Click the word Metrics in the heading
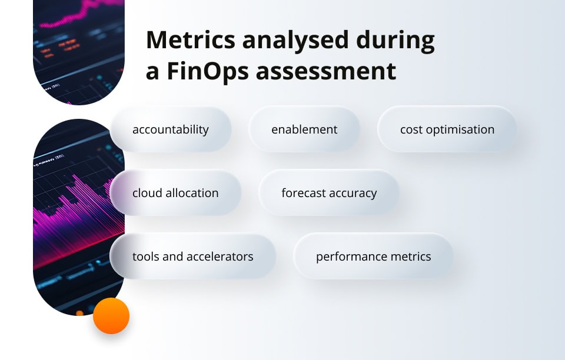tap(188, 41)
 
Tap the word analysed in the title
tap(294, 41)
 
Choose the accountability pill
tap(170, 129)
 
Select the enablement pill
tap(304, 129)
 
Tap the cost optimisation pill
tap(447, 129)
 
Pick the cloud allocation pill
tap(175, 193)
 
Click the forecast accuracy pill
tap(329, 193)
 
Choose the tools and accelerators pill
tap(192, 256)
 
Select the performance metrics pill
tap(373, 256)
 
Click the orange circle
tap(111, 316)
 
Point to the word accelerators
tap(220, 256)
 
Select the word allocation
tap(191, 193)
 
